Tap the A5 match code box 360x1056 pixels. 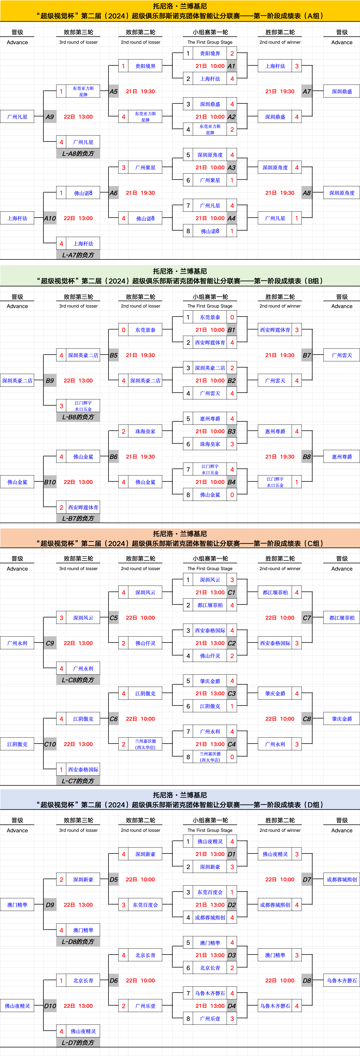click(114, 91)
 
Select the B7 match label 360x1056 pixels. click(307, 355)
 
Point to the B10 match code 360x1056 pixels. click(50, 482)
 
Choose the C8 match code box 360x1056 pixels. click(307, 719)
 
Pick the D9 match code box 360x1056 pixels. click(50, 905)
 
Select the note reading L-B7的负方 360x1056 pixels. click(78, 518)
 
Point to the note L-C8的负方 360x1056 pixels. click(78, 680)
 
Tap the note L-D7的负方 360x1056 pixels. click(78, 1042)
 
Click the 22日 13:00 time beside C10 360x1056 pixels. click(78, 744)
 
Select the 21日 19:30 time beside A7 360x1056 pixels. click(280, 91)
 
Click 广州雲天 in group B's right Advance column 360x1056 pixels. click(342, 355)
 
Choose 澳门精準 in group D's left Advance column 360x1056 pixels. click(17, 905)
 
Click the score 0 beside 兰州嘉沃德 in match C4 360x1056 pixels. click(232, 757)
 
